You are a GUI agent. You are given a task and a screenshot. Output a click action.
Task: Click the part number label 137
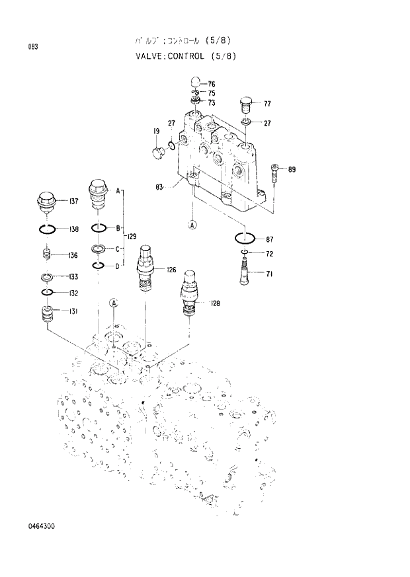pyautogui.click(x=74, y=202)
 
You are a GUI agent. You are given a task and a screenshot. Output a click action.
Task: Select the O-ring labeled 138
pyautogui.click(x=47, y=229)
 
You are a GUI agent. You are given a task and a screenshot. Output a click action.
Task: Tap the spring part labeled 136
pyautogui.click(x=47, y=254)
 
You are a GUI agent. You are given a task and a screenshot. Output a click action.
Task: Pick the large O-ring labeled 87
pyautogui.click(x=245, y=239)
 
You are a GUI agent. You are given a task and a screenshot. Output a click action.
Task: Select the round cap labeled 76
pyautogui.click(x=195, y=83)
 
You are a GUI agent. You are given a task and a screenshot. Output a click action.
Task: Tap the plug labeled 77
pyautogui.click(x=245, y=105)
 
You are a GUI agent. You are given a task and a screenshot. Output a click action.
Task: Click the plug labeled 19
pyautogui.click(x=158, y=153)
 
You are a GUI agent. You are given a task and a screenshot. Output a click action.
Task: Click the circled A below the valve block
pyautogui.click(x=192, y=225)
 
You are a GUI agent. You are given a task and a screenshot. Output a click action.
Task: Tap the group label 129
pyautogui.click(x=132, y=236)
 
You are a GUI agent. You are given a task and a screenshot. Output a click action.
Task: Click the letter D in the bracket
pyautogui.click(x=118, y=266)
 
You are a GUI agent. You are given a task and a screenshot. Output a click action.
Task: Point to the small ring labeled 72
pyautogui.click(x=244, y=253)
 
